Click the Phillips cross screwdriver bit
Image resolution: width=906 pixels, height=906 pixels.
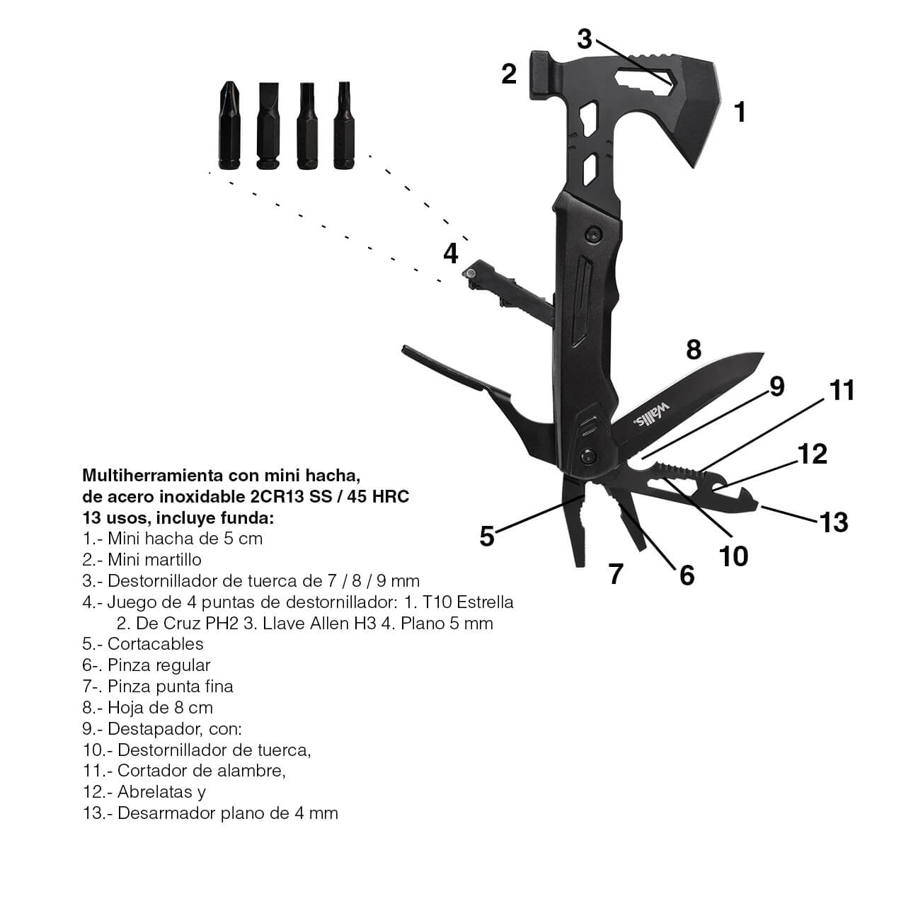coord(229,125)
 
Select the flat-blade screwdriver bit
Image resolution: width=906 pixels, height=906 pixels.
coord(268,126)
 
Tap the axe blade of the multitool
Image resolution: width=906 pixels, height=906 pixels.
coord(695,109)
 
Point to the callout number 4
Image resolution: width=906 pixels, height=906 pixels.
coord(450,253)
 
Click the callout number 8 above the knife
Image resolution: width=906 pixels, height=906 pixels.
coord(694,350)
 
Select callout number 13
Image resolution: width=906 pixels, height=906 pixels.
coord(834,522)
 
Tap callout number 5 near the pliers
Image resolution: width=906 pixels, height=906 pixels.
coord(486,537)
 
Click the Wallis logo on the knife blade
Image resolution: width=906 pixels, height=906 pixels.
coord(651,415)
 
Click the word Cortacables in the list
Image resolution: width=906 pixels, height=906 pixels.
coord(155,643)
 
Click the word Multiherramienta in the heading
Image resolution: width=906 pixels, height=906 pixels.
coord(150,476)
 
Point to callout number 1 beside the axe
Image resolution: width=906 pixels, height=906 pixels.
coord(740,112)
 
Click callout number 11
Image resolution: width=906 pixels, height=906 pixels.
coord(841,390)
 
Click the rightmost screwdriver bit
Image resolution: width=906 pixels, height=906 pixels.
coord(344,125)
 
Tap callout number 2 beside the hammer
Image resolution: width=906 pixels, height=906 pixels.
coord(509,74)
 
